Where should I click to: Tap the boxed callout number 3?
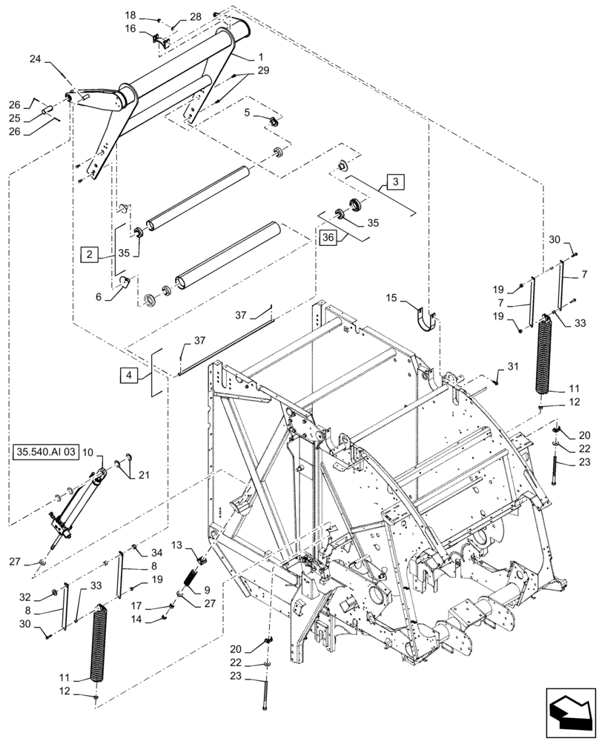tap(395, 182)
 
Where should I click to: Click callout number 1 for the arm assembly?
tap(260, 57)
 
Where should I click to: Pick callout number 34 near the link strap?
tap(156, 552)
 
